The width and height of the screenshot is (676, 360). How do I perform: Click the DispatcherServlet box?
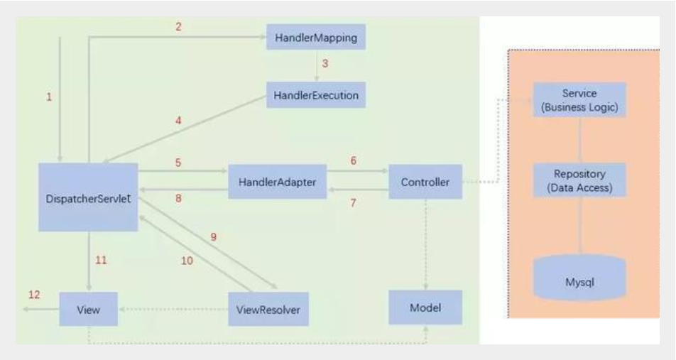click(x=88, y=197)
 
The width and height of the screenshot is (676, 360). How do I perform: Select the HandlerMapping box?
click(x=316, y=36)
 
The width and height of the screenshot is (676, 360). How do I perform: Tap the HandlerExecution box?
click(x=316, y=94)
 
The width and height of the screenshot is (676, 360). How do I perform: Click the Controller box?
click(x=425, y=182)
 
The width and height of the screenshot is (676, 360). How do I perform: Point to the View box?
click(x=88, y=310)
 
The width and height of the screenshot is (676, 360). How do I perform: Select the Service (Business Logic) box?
click(x=579, y=99)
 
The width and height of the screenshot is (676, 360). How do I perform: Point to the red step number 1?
click(x=49, y=97)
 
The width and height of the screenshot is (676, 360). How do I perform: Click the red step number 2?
click(x=179, y=27)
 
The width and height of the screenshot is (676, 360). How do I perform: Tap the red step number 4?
click(x=179, y=121)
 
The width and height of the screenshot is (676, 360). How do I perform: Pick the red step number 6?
click(x=353, y=161)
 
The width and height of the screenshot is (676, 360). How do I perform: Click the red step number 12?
click(x=33, y=293)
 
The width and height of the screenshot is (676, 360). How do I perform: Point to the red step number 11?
click(x=102, y=260)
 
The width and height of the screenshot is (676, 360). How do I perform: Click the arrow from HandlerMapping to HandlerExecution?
click(x=315, y=65)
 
